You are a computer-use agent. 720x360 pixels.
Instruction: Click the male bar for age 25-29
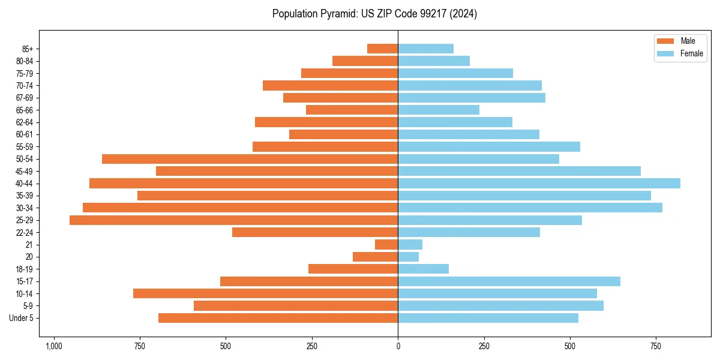pyautogui.click(x=233, y=220)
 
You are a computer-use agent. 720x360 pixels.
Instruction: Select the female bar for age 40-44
pyautogui.click(x=539, y=184)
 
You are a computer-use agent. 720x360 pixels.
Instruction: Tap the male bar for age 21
pyautogui.click(x=386, y=245)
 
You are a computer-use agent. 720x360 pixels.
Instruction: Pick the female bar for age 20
pyautogui.click(x=409, y=257)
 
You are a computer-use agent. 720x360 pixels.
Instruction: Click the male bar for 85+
pyautogui.click(x=382, y=49)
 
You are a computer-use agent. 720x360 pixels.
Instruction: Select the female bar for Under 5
pyautogui.click(x=488, y=318)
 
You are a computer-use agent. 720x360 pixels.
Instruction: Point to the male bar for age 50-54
pyautogui.click(x=250, y=159)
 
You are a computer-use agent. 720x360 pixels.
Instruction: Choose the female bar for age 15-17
pyautogui.click(x=509, y=281)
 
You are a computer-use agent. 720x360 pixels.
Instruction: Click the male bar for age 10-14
pyautogui.click(x=265, y=293)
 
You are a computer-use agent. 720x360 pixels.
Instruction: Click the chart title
pyautogui.click(x=374, y=14)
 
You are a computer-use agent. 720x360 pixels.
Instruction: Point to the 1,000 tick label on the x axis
pyautogui.click(x=54, y=346)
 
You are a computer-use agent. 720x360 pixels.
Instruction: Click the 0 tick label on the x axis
pyautogui.click(x=398, y=346)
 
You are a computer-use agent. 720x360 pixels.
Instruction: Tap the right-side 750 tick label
pyautogui.click(x=656, y=346)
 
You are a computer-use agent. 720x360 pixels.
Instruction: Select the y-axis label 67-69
pyautogui.click(x=25, y=98)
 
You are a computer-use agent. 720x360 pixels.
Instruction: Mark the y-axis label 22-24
pyautogui.click(x=25, y=233)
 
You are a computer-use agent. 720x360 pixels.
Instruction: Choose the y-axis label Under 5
pyautogui.click(x=22, y=318)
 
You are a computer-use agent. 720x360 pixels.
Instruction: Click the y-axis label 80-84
pyautogui.click(x=25, y=61)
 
